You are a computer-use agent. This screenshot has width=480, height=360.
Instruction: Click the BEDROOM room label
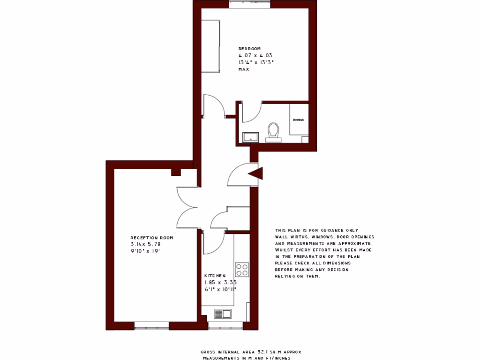(x=249, y=49)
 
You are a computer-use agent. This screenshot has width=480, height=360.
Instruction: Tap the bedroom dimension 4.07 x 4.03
(x=255, y=55)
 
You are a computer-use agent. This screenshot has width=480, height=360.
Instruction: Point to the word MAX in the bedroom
(x=243, y=69)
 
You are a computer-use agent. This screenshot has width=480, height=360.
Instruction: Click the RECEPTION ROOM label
(x=151, y=238)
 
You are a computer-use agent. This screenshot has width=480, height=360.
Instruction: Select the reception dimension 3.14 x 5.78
(x=145, y=244)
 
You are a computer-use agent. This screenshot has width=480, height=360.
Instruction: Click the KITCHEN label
(x=215, y=276)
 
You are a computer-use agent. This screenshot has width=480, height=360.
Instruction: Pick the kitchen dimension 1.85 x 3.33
(x=220, y=283)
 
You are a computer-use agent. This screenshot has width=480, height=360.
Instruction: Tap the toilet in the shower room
(x=273, y=131)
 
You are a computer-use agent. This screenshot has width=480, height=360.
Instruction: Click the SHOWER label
(x=298, y=120)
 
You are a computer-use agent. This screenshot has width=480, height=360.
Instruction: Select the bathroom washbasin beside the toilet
(x=250, y=137)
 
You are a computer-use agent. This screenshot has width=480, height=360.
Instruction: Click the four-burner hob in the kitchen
(x=242, y=269)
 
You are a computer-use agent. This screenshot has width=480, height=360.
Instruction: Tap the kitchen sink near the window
(x=223, y=314)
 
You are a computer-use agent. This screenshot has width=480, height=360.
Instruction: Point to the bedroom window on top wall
(x=249, y=4)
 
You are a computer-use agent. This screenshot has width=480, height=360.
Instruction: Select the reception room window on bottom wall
(x=151, y=325)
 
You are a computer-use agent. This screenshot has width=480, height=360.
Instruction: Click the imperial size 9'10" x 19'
(x=146, y=251)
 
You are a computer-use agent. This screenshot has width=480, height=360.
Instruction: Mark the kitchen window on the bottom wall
(x=225, y=325)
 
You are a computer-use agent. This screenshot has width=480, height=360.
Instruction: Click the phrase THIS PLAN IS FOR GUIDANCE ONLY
(x=316, y=230)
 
